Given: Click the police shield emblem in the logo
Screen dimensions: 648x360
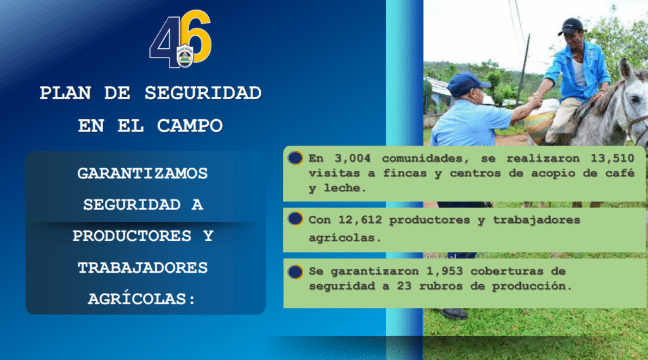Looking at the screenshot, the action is tap(185, 56).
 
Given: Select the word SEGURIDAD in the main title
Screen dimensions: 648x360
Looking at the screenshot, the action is tap(203, 93).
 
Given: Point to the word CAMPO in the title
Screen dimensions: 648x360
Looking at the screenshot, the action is tap(190, 126).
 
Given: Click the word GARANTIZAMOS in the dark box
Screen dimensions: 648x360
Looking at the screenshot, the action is tap(142, 173).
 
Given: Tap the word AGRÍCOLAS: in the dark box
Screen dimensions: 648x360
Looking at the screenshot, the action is tap(142, 299).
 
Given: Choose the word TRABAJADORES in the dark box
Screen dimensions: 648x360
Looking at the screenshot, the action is tap(142, 268).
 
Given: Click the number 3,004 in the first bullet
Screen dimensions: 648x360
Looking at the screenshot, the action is tap(352, 158).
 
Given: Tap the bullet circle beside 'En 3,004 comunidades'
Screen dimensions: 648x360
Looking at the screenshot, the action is tap(296, 158).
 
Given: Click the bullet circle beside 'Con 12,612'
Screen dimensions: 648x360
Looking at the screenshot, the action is tap(296, 219).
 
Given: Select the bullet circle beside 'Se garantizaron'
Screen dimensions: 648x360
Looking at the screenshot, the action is tap(296, 271).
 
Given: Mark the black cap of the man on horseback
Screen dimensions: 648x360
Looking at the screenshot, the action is tap(572, 26).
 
